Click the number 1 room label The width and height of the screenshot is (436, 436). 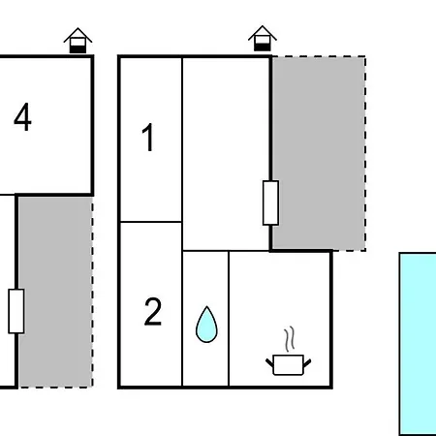tap(147, 138)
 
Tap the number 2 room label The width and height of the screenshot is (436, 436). tap(153, 311)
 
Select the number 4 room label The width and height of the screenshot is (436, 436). tap(22, 117)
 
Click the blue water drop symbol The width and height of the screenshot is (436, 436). tap(206, 325)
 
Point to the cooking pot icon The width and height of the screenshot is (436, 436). tap(288, 365)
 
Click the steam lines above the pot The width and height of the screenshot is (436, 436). tap(290, 339)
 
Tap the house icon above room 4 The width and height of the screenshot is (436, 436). tap(78, 41)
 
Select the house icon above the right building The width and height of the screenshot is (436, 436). tap(263, 38)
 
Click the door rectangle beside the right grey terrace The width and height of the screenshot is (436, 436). tap(270, 202)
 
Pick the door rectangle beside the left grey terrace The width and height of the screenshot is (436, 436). tap(16, 311)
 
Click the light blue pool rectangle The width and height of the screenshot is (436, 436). tap(418, 344)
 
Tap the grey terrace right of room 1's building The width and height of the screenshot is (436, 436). tap(319, 153)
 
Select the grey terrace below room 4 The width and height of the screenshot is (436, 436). tap(55, 292)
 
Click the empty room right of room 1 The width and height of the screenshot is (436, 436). tap(226, 154)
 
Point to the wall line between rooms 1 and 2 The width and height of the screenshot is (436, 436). tap(151, 222)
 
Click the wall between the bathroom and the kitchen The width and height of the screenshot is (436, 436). tap(229, 319)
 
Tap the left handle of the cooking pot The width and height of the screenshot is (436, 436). tap(269, 363)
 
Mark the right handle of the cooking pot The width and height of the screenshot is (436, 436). tap(307, 363)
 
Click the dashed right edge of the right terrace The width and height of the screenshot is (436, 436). tap(365, 153)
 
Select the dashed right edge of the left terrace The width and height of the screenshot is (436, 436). tap(92, 292)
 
